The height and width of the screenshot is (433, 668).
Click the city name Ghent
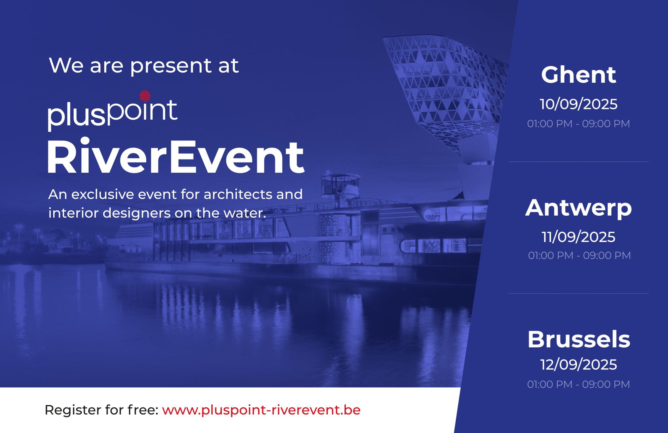click(x=578, y=75)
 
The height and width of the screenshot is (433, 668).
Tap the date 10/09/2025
click(x=579, y=104)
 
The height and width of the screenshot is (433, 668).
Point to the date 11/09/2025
click(x=578, y=237)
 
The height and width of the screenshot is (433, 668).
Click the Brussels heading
click(x=579, y=340)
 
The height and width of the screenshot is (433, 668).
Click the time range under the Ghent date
click(x=578, y=124)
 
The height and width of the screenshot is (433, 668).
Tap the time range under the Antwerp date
click(x=579, y=255)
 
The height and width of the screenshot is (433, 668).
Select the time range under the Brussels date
click(x=578, y=384)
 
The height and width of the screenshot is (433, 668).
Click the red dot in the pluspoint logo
click(x=145, y=96)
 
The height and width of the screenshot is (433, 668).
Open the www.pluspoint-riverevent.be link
click(x=261, y=410)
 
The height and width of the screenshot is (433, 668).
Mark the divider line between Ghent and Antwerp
click(x=578, y=162)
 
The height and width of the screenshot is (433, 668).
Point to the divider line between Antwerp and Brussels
click(x=578, y=294)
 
